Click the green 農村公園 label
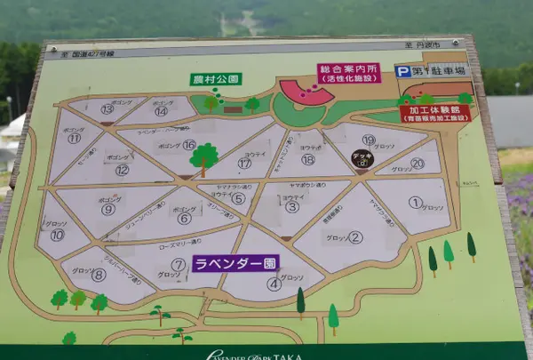[x=216, y=79]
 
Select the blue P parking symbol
[x=403, y=71]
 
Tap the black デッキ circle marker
[x=362, y=160]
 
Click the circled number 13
[x=107, y=109]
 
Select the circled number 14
[x=161, y=111]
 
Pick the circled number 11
[x=74, y=138]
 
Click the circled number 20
[x=418, y=164]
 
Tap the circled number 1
[x=414, y=202]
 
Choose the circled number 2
[x=355, y=236]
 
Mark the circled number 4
[x=274, y=284]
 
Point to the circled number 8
[x=98, y=276]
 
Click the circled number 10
[x=57, y=236]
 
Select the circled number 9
[x=108, y=210]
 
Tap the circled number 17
[x=244, y=163]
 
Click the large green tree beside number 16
[x=204, y=156]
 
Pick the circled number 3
[x=291, y=207]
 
